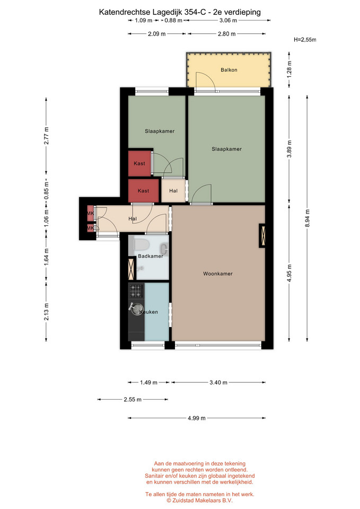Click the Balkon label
229,70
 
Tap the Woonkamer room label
218,274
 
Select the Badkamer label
150,256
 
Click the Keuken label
148,312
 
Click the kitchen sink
137,308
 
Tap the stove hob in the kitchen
136,291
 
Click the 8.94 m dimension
308,218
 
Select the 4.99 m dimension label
196,418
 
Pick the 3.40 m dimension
218,382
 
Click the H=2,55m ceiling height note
305,40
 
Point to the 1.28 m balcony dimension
289,69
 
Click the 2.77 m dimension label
47,136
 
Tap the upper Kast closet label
139,163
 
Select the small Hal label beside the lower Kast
173,191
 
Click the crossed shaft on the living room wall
262,235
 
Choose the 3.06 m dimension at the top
228,21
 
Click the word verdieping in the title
242,12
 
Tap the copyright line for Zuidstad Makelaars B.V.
200,501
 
